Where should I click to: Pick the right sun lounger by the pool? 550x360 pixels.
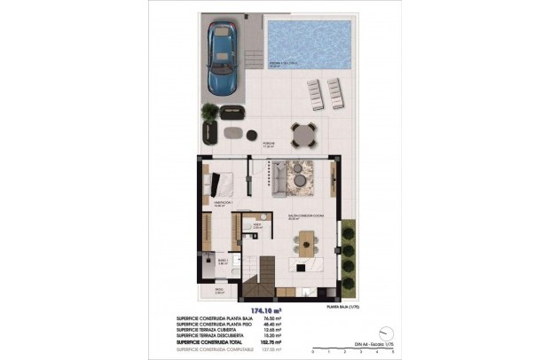(x=334, y=90)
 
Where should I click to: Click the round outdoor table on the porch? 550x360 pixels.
(x=303, y=134)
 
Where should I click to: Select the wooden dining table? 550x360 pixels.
(x=306, y=240)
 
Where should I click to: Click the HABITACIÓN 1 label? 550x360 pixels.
(x=222, y=203)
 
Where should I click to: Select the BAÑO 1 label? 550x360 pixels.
(x=224, y=261)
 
